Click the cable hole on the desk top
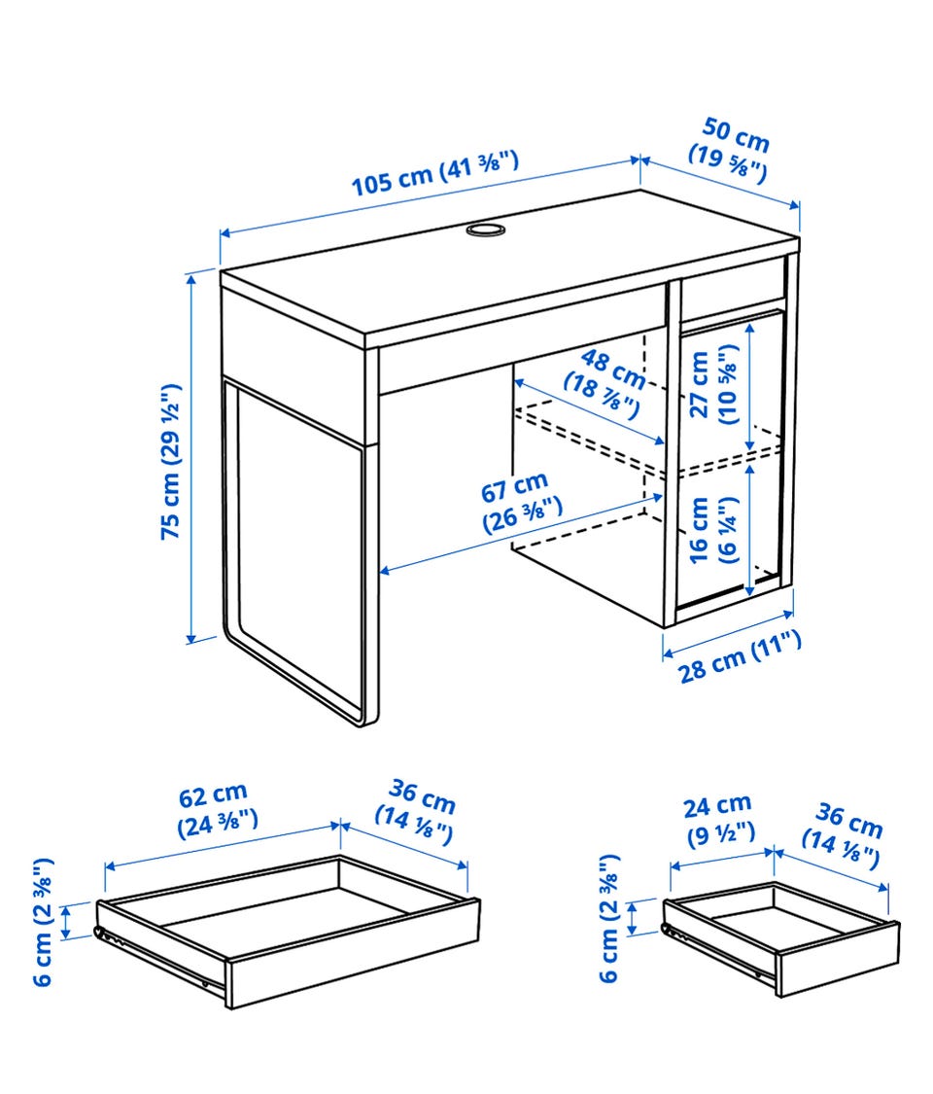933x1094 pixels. tap(485, 229)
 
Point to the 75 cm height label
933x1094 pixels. tap(171, 461)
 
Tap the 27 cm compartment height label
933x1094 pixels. tap(712, 384)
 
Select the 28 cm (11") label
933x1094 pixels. tap(740, 656)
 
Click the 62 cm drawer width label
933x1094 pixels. tap(217, 809)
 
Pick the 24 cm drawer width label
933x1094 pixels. tap(719, 819)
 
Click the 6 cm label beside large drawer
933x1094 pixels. tap(43, 922)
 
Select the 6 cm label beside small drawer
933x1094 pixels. tap(608, 917)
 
